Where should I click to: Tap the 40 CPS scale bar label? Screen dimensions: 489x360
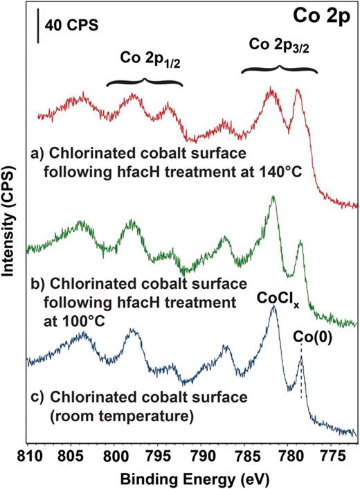tap(71, 26)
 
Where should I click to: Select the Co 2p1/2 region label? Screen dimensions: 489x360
tap(144, 57)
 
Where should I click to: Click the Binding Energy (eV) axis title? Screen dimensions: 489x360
tap(191, 478)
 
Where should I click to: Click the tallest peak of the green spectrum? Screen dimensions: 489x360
tap(273, 197)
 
